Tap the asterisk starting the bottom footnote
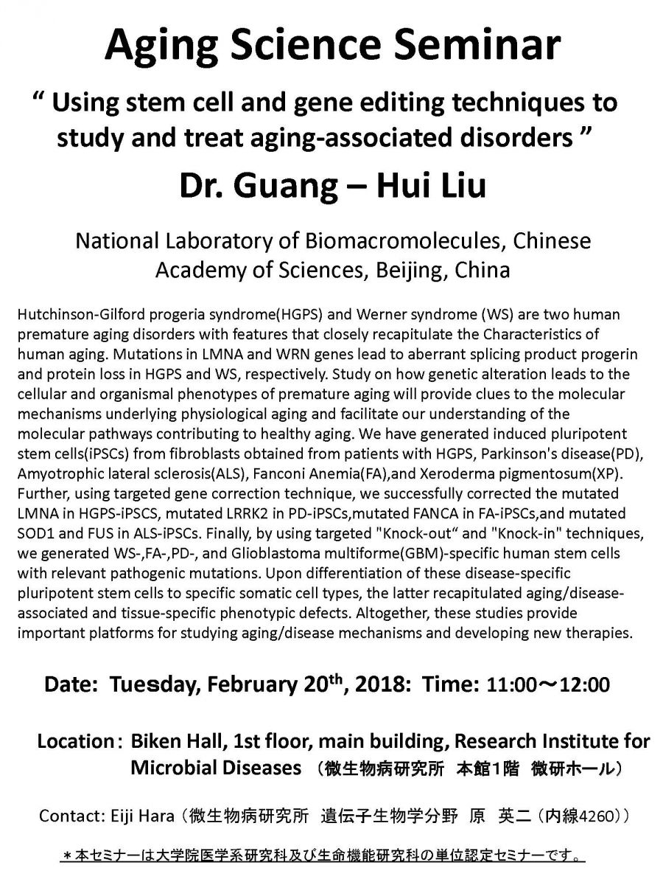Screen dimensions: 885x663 point(67,857)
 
